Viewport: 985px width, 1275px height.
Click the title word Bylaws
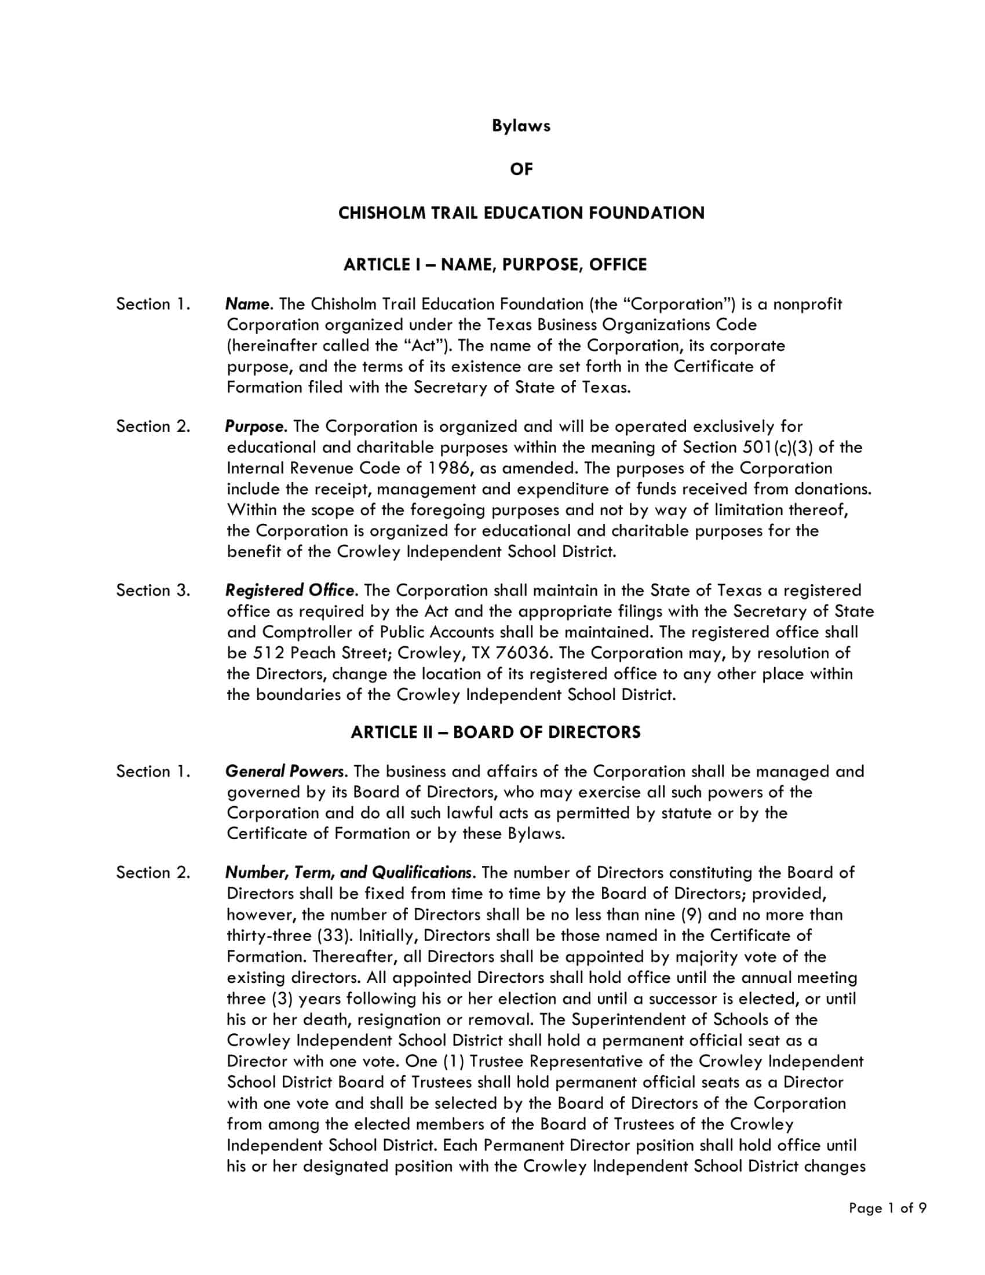[x=520, y=126]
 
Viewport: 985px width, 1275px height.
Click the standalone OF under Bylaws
[x=520, y=169]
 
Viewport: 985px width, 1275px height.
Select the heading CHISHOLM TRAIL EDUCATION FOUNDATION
[x=520, y=213]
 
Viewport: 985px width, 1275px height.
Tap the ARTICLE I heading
[x=495, y=265]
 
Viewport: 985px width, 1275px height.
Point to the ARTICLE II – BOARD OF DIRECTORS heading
[x=495, y=733]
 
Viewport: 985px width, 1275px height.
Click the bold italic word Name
[x=247, y=304]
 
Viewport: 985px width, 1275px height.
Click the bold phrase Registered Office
[x=290, y=591]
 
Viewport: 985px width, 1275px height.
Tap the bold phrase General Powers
[x=284, y=772]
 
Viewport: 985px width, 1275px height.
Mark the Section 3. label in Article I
[x=153, y=591]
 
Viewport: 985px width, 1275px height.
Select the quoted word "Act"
[x=424, y=346]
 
